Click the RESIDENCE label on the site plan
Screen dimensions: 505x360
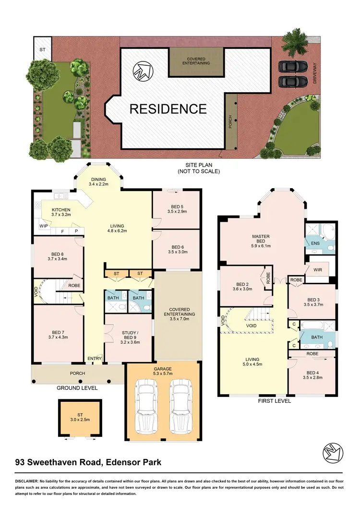(168, 109)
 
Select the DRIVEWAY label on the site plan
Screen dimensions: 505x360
(315, 75)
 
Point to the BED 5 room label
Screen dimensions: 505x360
(176, 208)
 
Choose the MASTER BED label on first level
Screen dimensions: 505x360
(261, 239)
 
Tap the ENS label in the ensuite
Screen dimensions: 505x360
(315, 244)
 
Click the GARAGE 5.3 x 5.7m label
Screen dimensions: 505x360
(163, 372)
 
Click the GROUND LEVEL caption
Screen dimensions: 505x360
(77, 388)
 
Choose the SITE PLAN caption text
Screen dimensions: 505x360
(199, 168)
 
